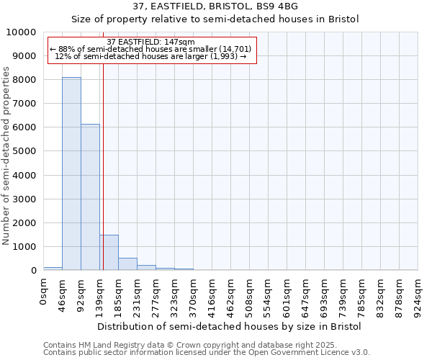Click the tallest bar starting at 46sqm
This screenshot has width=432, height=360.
(71, 174)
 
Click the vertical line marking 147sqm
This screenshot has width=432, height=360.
(103, 166)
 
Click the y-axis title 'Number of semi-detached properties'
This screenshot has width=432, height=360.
(6, 156)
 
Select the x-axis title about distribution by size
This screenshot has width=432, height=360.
(230, 326)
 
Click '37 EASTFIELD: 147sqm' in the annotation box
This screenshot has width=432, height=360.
(150, 42)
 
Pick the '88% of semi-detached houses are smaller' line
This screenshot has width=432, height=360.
(150, 49)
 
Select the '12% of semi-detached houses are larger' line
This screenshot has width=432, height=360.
(150, 56)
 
